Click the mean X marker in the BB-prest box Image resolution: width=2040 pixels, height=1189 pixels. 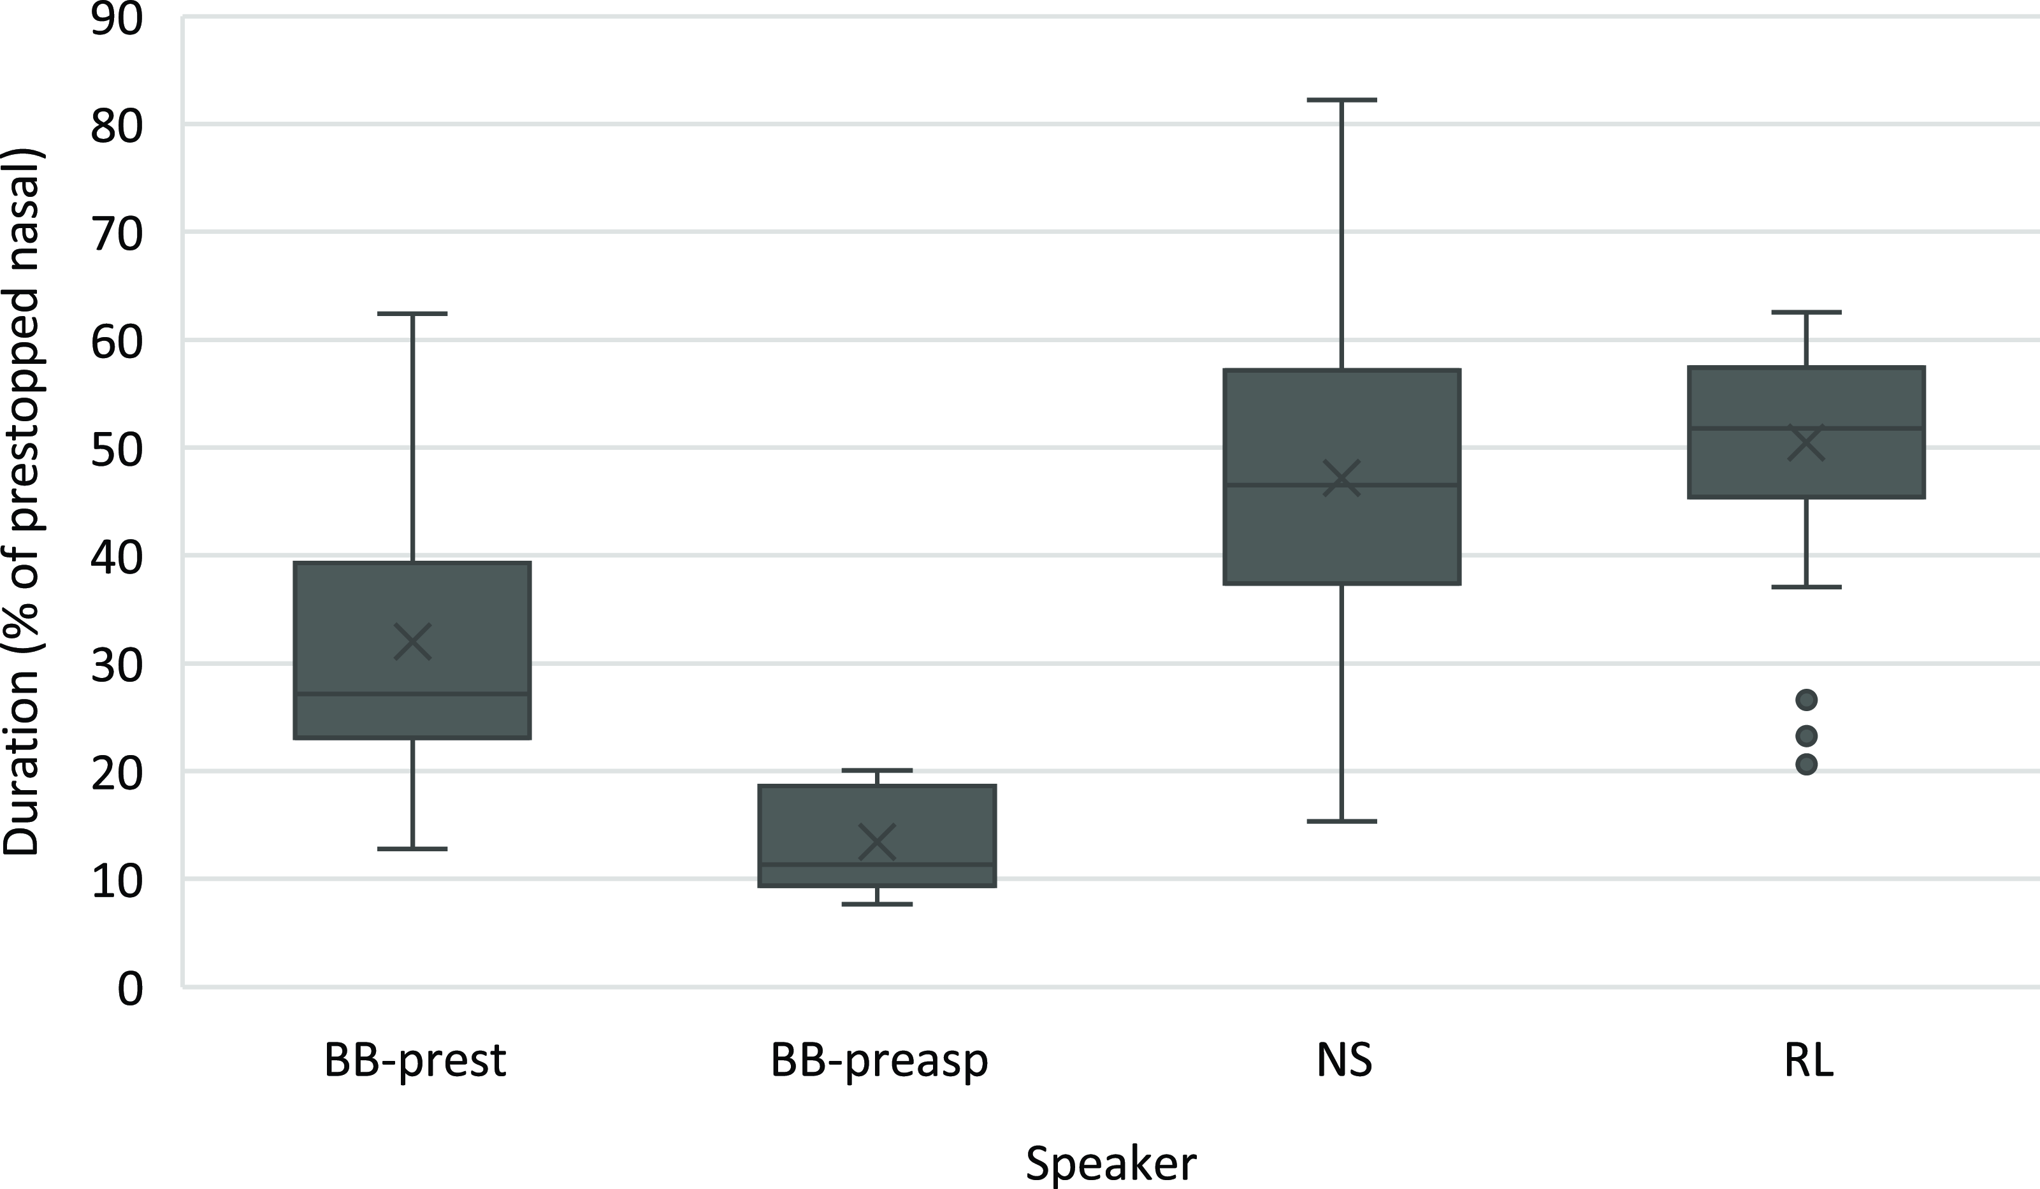pos(412,642)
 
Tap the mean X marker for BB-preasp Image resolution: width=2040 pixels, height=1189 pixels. pos(877,842)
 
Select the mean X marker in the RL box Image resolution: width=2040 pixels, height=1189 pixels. pos(1806,443)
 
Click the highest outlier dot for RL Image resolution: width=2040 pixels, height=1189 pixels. pos(1806,699)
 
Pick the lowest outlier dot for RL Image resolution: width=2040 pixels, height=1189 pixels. pos(1806,764)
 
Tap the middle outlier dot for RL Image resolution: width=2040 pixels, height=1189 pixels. pos(1806,736)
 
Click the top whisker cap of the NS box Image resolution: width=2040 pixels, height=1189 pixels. pos(1342,101)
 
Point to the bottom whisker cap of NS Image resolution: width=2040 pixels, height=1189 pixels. pos(1342,821)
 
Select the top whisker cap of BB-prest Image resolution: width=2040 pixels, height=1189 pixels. pos(412,314)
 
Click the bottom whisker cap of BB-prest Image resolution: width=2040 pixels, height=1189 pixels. pos(412,849)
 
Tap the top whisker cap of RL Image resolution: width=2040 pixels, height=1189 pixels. pos(1806,312)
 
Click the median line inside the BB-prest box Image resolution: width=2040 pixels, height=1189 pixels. pos(412,694)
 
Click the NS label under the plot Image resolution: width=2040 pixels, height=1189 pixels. pos(1344,1060)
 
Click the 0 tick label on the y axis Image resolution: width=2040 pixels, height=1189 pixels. pos(129,988)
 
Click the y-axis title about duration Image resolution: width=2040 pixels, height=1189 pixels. pos(23,502)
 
